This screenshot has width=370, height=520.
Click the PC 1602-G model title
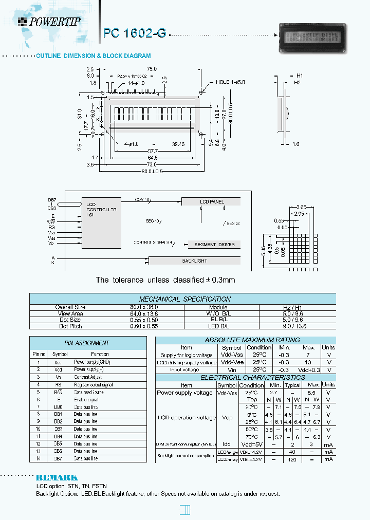coord(135,33)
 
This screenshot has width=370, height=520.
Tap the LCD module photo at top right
coord(312,38)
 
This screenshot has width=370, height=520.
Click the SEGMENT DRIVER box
coord(214,244)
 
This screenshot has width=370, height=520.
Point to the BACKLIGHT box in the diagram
coord(195,261)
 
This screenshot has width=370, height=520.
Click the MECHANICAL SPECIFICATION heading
coord(184,299)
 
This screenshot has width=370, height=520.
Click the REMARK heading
coord(57,477)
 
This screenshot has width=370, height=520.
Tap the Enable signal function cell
coord(85,399)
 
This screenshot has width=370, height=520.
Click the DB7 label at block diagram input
coord(51,199)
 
